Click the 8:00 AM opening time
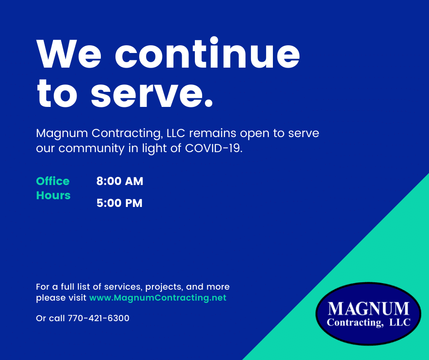pos(120,181)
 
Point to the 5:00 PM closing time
pos(120,203)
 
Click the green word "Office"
pos(53,181)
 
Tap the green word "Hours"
pos(53,196)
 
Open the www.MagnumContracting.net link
pos(157,298)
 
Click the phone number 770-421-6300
pos(99,318)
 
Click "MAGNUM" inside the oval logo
pos(368,309)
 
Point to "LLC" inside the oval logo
pos(400,323)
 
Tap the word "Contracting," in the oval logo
pos(354,323)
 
